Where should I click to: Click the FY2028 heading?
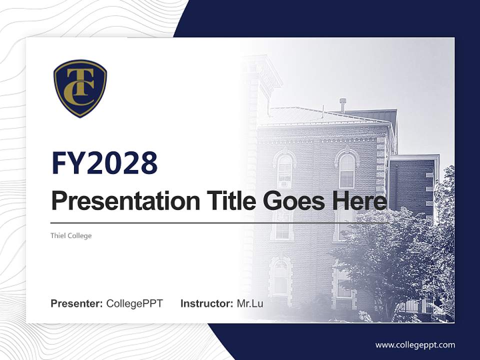tap(104, 163)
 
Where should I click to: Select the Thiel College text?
tap(71, 235)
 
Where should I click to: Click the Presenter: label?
tap(77, 303)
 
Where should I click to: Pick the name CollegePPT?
tap(134, 303)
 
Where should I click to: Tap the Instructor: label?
tap(207, 303)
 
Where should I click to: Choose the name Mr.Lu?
tap(250, 303)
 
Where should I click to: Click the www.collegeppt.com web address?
tap(415, 344)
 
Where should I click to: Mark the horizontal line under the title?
tap(220, 222)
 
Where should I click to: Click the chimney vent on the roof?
tap(342, 104)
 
